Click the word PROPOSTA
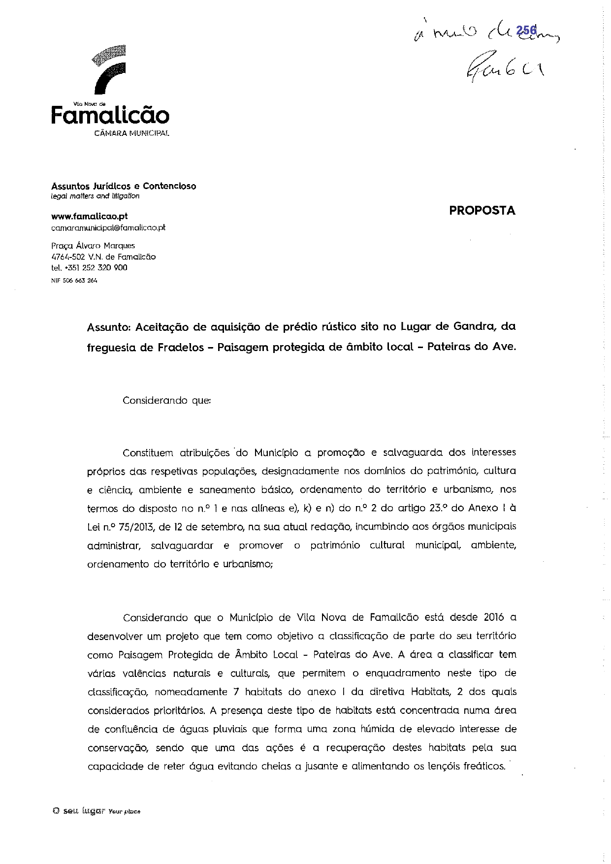482,211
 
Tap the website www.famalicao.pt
90,216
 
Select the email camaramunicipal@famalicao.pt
108,228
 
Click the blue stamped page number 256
526,31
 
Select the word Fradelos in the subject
181,347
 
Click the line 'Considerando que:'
166,400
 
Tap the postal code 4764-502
68,256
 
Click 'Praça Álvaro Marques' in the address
93,246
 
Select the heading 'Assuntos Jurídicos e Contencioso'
124,186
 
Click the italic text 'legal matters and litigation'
96,196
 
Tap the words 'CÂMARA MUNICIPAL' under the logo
131,133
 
